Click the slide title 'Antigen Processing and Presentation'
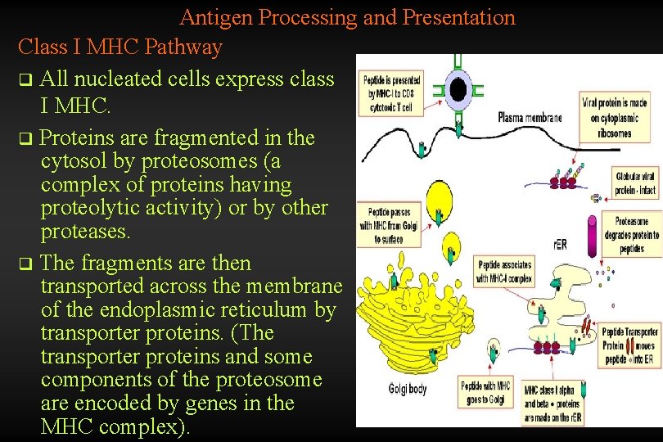(347, 17)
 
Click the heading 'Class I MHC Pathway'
(120, 47)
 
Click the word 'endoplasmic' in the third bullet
(151, 310)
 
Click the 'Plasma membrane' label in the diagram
(530, 118)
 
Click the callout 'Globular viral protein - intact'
(636, 182)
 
